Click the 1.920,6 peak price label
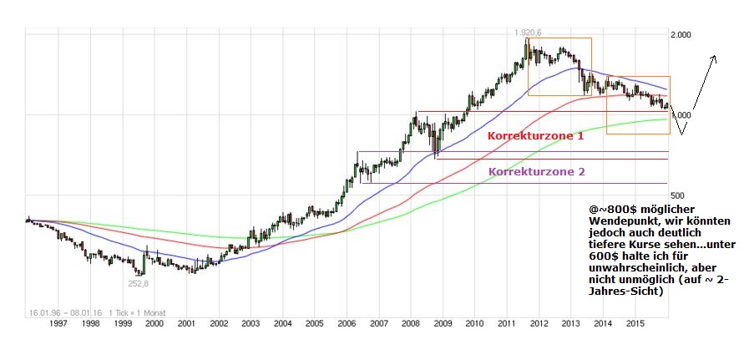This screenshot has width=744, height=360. (529, 32)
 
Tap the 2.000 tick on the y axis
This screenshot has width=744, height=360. (682, 36)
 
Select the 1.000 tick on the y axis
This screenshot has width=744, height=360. (682, 115)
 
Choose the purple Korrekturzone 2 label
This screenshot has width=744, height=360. (537, 171)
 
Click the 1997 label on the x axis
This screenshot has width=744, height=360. (58, 322)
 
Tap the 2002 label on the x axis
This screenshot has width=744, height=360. (218, 322)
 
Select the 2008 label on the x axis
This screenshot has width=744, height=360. (410, 322)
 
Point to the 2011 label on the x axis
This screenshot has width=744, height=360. (506, 322)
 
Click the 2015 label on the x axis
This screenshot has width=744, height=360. (635, 322)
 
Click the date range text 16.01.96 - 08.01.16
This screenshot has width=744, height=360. (54, 312)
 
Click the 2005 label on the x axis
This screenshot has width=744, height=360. (314, 322)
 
